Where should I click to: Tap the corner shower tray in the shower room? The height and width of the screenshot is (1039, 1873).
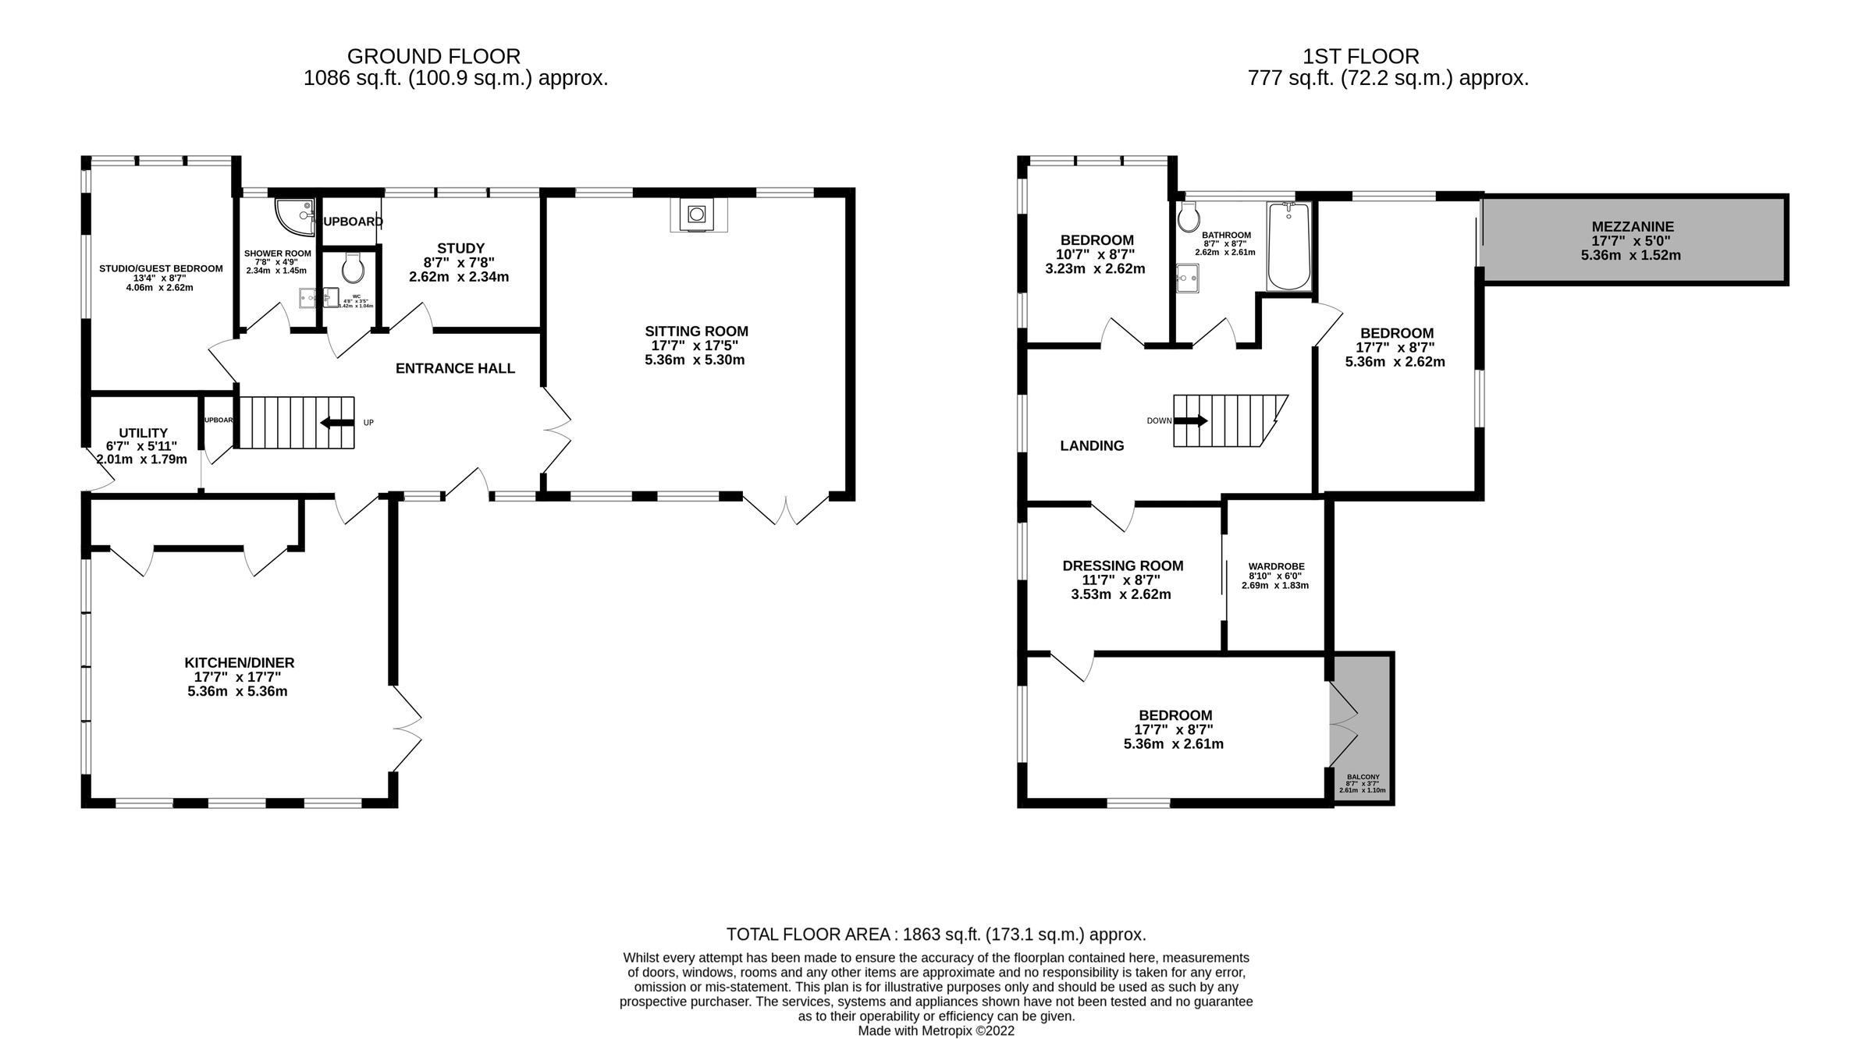293,215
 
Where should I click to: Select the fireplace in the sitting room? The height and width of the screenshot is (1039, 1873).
696,215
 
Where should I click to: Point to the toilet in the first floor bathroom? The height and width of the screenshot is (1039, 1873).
1189,218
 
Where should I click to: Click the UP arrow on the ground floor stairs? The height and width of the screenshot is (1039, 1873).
337,423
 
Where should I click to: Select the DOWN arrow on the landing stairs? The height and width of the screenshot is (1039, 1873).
1191,421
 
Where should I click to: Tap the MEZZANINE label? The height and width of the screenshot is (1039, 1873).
1633,227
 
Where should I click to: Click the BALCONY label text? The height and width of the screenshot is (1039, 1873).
1363,777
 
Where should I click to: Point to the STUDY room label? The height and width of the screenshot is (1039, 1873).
460,248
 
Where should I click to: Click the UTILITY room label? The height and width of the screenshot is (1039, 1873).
143,433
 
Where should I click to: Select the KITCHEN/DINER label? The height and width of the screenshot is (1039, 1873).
239,662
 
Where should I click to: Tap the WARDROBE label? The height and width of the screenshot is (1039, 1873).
1276,566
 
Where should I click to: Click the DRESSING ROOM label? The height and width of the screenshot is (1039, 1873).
1122,566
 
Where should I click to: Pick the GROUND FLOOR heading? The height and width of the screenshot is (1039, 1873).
433,56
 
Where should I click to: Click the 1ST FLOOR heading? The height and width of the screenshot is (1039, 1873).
1360,56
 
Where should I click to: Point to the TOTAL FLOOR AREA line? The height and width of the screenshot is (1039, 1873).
936,934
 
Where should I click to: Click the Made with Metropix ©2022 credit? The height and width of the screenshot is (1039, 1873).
936,1030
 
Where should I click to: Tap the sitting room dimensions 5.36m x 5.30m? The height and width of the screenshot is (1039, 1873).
695,360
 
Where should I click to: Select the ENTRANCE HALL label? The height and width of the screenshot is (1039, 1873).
455,368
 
